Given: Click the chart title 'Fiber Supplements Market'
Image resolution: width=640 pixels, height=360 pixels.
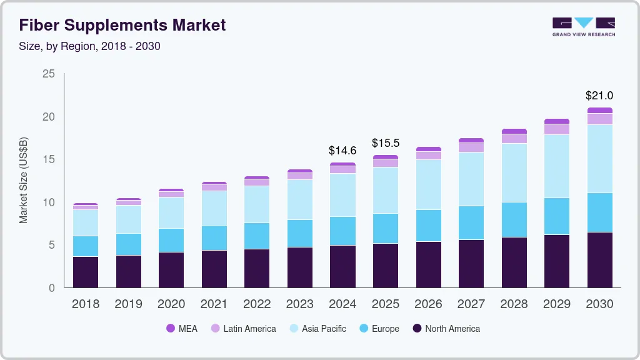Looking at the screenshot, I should [x=122, y=25].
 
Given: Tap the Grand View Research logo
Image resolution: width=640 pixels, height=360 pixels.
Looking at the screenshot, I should [x=583, y=26].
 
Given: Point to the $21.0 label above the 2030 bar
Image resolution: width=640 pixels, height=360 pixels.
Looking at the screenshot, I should [x=599, y=96].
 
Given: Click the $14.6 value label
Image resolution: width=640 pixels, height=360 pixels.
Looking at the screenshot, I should [x=342, y=151].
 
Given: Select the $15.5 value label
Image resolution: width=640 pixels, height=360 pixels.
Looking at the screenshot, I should [x=385, y=143].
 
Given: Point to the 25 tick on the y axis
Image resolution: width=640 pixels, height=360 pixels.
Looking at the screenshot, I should [x=49, y=74].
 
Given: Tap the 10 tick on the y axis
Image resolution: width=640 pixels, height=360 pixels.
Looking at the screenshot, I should [x=49, y=202].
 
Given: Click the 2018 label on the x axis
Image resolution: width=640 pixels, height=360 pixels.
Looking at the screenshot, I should [x=86, y=304].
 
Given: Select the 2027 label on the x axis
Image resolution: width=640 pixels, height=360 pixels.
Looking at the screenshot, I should [x=471, y=304].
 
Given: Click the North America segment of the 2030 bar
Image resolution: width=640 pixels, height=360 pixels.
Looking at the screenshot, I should [x=599, y=260].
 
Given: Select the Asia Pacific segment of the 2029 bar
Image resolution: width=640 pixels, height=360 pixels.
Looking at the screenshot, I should [x=557, y=166].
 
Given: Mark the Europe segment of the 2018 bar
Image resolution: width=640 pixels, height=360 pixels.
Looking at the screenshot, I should [x=86, y=246].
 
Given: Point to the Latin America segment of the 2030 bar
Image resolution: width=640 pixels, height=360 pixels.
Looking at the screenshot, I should [x=599, y=119].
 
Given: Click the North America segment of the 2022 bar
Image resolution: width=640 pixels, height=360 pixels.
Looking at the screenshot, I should [x=257, y=268].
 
